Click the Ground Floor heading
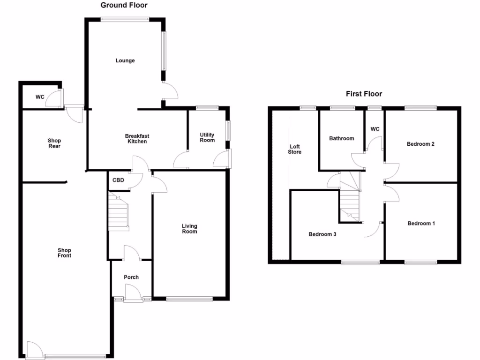[124, 6]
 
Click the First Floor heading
[364, 94]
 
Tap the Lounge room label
[125, 60]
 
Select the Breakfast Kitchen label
[137, 139]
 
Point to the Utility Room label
[207, 137]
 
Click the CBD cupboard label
[118, 180]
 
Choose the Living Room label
[189, 229]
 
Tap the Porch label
[131, 277]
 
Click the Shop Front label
[64, 253]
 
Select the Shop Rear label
[54, 143]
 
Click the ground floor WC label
[40, 97]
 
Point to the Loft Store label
[294, 149]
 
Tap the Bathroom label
[341, 138]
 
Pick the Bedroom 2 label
[420, 144]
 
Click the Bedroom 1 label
[421, 224]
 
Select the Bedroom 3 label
[322, 234]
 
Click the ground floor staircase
[119, 213]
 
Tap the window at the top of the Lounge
[125, 19]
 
